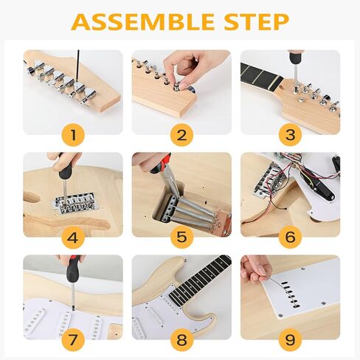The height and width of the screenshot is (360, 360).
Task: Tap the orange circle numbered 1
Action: point(72,134)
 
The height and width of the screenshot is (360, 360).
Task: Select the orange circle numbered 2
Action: point(181,134)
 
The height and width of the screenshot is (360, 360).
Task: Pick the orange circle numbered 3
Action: point(290,134)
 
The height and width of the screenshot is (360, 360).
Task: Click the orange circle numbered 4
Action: point(72,237)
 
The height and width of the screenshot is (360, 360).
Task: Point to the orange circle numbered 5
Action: point(181,237)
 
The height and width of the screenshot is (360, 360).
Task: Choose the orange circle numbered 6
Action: point(290,237)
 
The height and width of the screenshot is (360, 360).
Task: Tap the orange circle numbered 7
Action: point(72,339)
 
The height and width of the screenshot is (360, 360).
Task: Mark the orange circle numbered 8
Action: point(181,339)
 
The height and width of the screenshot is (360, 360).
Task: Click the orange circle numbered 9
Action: point(290,339)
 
